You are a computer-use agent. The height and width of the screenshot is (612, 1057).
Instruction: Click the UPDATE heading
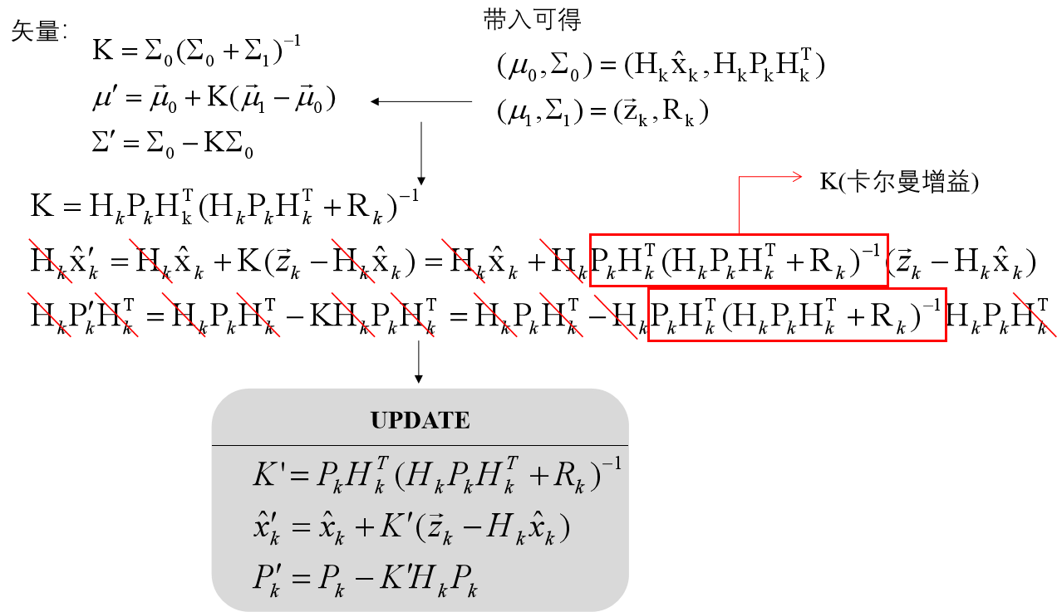420,420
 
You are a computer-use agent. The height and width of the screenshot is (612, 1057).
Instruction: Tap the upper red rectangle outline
739,236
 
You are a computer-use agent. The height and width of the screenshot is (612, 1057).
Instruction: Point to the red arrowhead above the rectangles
797,176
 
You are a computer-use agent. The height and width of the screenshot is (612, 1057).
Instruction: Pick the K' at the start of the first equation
270,474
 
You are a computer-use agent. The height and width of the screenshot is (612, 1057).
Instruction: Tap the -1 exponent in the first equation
611,463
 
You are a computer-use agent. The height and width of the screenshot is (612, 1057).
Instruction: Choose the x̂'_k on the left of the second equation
268,528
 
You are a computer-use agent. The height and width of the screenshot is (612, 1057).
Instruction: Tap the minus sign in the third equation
362,580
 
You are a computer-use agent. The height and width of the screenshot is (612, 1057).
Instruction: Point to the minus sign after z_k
470,529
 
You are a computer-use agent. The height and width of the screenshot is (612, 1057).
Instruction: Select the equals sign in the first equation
300,476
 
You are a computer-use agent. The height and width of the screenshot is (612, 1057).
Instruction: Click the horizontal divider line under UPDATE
420,446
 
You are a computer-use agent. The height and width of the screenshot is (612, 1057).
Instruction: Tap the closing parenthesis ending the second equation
565,529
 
